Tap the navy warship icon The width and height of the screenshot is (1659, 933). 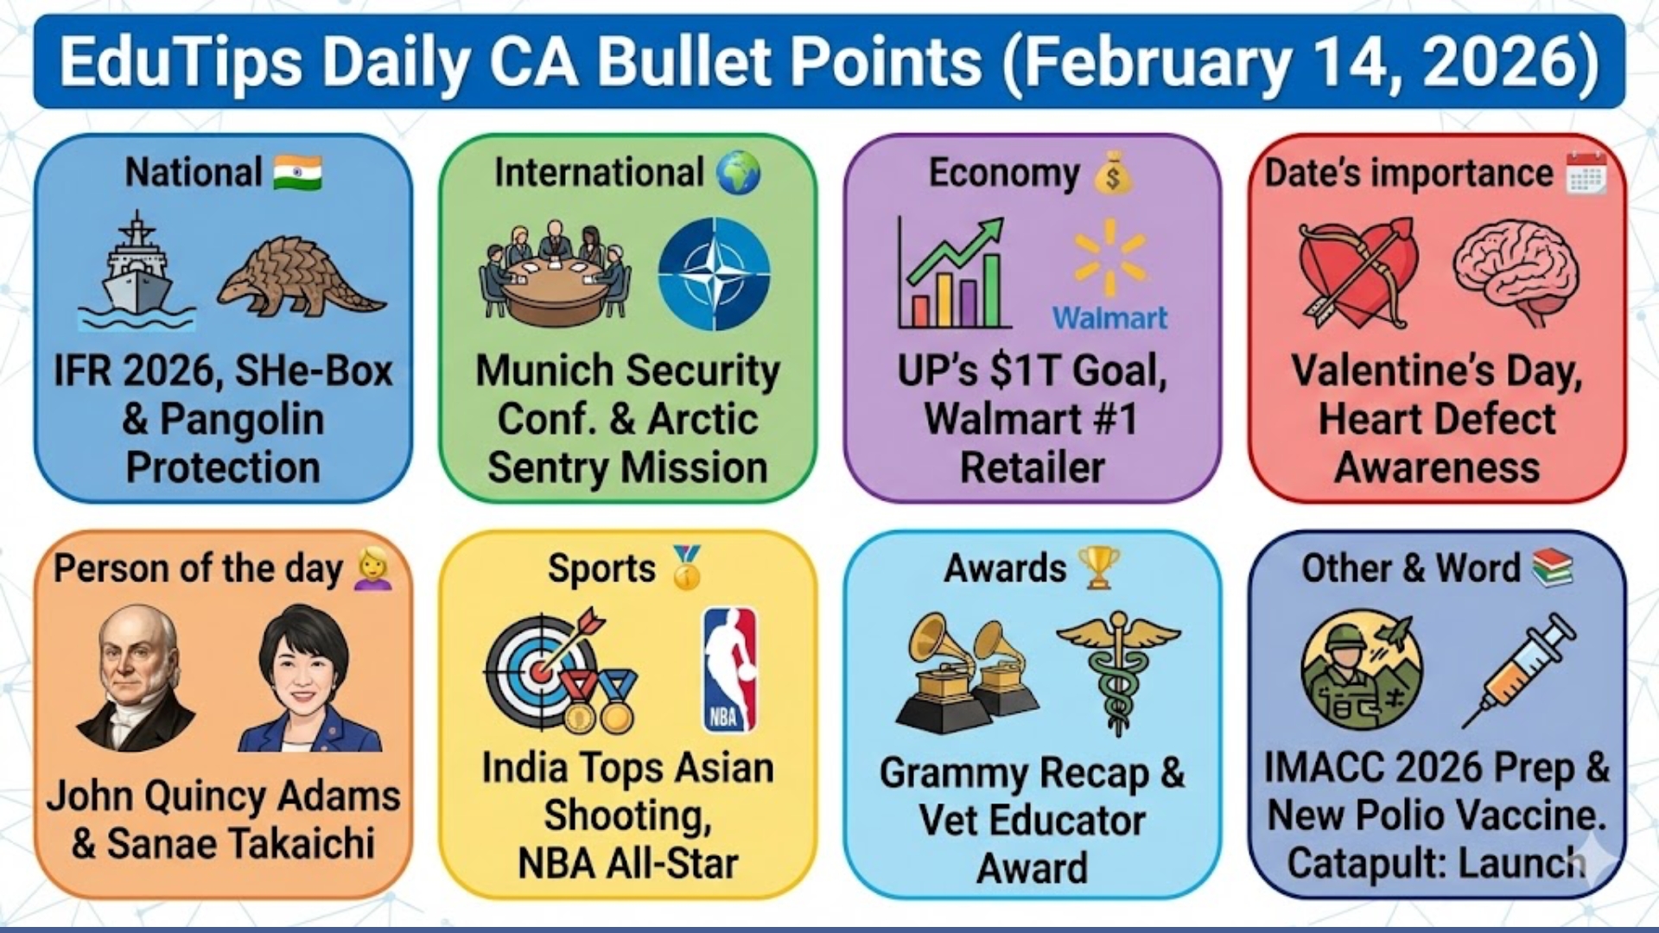pyautogui.click(x=137, y=270)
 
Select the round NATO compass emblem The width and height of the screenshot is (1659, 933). pyautogui.click(x=714, y=273)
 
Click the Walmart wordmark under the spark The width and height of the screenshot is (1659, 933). pyautogui.click(x=1109, y=318)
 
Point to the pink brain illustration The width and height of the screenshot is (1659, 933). pyautogui.click(x=1516, y=271)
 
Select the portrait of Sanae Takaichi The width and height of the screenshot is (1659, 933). pyautogui.click(x=308, y=677)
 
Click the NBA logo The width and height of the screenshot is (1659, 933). pyautogui.click(x=729, y=670)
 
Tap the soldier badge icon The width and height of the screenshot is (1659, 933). pyautogui.click(x=1361, y=670)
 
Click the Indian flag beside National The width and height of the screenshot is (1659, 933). pyautogui.click(x=297, y=173)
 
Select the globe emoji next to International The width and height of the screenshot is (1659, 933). pyautogui.click(x=739, y=172)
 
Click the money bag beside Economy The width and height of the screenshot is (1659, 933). pyautogui.click(x=1113, y=172)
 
